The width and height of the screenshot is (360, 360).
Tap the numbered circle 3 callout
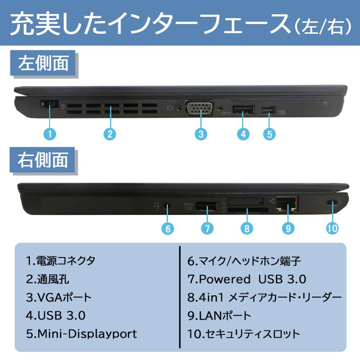(201, 134)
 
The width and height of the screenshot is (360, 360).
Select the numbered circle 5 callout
(269, 134)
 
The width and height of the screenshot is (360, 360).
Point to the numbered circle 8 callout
(247, 228)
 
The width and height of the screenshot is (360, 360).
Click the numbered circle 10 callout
(332, 228)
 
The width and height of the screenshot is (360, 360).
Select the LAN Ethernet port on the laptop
(286, 203)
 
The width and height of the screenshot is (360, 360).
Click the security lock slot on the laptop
(332, 203)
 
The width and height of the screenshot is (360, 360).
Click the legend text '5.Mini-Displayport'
(82, 334)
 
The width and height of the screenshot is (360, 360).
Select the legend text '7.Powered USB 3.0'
(247, 279)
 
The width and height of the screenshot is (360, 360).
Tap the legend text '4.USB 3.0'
(56, 315)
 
